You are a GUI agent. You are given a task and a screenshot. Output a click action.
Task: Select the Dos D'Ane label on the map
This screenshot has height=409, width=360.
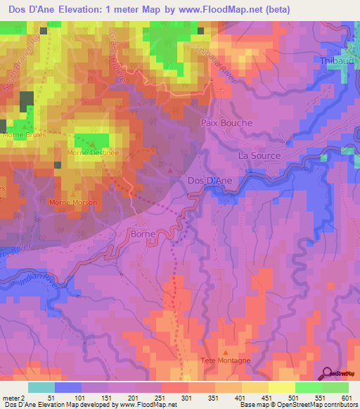point(211,181)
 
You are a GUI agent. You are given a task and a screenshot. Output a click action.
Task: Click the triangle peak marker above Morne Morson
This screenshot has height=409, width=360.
point(72,193)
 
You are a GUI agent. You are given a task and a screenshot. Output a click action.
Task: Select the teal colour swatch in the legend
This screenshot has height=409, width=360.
point(41,387)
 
